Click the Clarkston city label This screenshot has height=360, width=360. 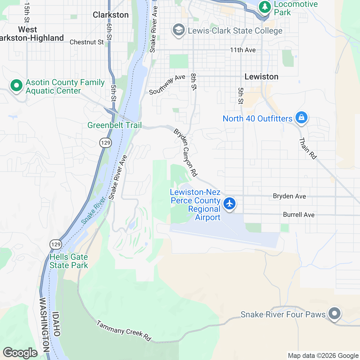pos(111,15)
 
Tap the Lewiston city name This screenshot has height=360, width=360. pos(261,77)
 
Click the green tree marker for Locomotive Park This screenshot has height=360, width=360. pos(265,7)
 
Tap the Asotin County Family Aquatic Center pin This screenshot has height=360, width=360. pos(16,86)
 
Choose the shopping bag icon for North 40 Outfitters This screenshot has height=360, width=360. pos(301,117)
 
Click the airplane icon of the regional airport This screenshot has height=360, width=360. pos(229,203)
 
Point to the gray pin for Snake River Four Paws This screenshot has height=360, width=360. pos(334,313)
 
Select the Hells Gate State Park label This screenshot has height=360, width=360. pos(69,261)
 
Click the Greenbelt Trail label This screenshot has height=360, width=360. pos(115,125)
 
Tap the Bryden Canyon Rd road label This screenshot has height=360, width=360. pos(186,153)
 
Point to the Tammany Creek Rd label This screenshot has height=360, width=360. pos(124,331)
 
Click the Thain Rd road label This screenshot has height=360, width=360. pos(308,148)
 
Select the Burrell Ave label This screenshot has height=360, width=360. pos(299,215)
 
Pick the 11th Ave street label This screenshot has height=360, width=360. pos(243,50)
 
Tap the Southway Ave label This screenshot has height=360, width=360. pos(167,85)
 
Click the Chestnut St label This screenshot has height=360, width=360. pos(86,42)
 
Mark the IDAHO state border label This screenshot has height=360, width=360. pos(56,324)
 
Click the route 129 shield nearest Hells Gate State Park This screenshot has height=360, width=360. pos(56,244)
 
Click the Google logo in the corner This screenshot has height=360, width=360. pos(20,353)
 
